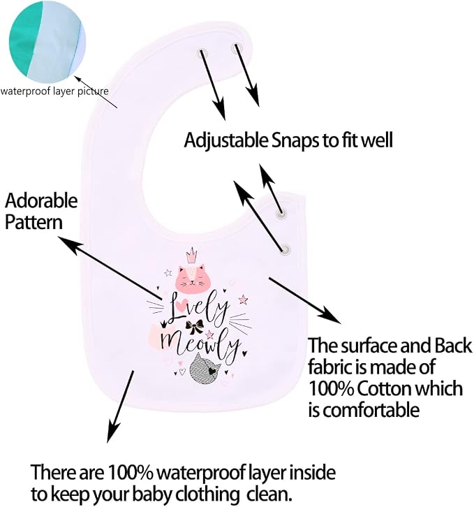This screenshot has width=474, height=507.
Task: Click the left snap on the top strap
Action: click(202, 52)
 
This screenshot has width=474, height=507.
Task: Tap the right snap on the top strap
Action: click(237, 48)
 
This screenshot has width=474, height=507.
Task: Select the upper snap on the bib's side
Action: click(281, 214)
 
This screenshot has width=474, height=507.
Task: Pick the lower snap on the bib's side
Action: click(286, 249)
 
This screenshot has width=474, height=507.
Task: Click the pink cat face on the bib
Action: click(191, 278)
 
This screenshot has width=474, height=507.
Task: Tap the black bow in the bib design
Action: click(194, 328)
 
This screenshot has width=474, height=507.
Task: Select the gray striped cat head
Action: click(205, 368)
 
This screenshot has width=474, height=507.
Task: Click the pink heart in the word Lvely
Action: click(183, 303)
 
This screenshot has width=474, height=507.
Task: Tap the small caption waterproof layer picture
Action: click(54, 91)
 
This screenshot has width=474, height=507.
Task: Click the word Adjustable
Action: click(226, 140)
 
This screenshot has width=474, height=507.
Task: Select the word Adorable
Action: click(41, 201)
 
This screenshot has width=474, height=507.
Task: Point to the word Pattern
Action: click(34, 223)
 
